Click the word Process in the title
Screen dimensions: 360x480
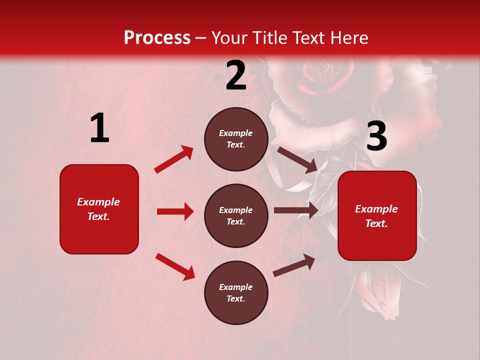tap(157, 38)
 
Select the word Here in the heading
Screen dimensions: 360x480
tap(347, 38)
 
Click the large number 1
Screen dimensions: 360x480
tap(99, 128)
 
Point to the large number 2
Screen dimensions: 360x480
tap(236, 76)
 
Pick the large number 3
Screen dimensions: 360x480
tap(376, 136)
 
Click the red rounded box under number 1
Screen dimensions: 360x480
tap(99, 209)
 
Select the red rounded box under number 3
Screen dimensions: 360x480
tap(377, 215)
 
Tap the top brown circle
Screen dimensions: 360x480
tap(236, 139)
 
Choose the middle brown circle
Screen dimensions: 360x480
tap(236, 215)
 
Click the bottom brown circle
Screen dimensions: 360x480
tap(236, 292)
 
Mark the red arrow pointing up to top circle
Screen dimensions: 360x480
tap(174, 159)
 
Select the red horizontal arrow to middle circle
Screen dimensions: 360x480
tap(175, 211)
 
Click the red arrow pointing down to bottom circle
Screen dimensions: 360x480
tap(175, 266)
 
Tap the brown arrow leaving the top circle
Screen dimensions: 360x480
tap(297, 159)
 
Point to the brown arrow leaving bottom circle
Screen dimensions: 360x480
tap(294, 265)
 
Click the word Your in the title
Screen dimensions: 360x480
tap(229, 38)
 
